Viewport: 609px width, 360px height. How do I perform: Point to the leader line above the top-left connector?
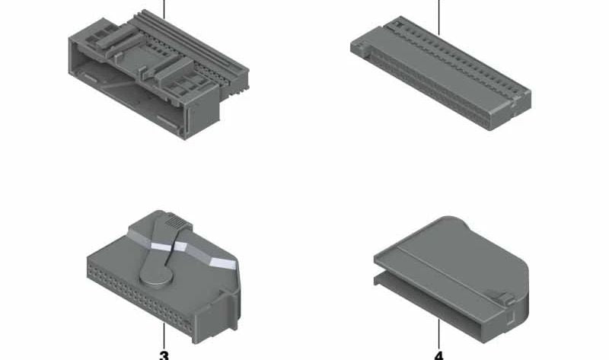pyautogui.click(x=164, y=9)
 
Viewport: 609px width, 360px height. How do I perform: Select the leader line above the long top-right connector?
pyautogui.click(x=439, y=18)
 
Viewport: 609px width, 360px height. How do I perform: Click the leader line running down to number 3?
pyautogui.click(x=164, y=336)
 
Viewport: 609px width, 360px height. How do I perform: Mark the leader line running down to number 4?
pyautogui.click(x=439, y=334)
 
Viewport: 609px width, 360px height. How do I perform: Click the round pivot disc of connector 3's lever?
pyautogui.click(x=156, y=276)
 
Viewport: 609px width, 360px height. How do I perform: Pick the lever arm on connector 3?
pyautogui.click(x=163, y=249)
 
